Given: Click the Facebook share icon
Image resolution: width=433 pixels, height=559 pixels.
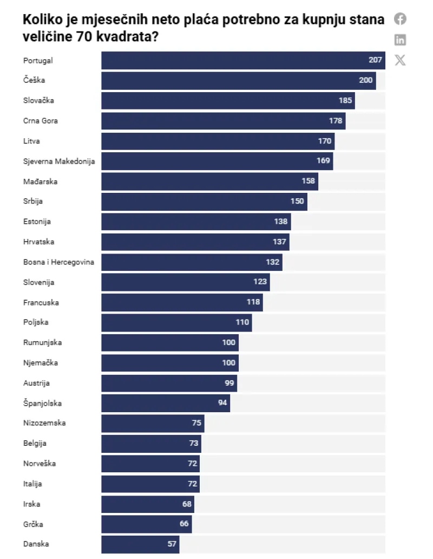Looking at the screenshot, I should click(x=400, y=19).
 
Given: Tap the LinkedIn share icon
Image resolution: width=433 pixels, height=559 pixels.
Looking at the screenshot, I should click(x=400, y=40).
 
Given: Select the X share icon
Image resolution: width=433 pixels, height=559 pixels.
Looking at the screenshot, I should click(x=400, y=60).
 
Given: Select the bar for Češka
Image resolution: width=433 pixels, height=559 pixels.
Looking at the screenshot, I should click(x=238, y=81).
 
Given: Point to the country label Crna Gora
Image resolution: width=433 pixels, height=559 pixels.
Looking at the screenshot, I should click(x=41, y=121).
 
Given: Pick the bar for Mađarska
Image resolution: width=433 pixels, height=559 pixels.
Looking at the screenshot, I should click(x=209, y=181).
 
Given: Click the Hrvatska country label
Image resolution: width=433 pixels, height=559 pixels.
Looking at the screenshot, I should click(x=39, y=242).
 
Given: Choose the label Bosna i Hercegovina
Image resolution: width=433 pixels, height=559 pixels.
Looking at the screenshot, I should click(x=59, y=262).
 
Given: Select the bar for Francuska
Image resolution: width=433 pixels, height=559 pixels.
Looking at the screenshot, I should click(x=182, y=302).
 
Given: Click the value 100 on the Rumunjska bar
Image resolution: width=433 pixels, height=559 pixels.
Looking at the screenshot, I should click(x=229, y=343).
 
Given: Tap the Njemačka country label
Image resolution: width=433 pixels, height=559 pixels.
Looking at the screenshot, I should click(x=41, y=363).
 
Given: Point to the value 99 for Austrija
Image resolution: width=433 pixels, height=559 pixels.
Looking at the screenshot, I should click(x=229, y=383).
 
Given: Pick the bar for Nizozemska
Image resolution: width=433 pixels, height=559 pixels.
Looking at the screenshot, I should click(x=153, y=424).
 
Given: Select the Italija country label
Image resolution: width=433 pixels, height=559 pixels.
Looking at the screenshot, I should click(x=33, y=484).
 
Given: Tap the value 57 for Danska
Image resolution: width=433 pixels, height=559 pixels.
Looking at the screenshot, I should click(x=172, y=544).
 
